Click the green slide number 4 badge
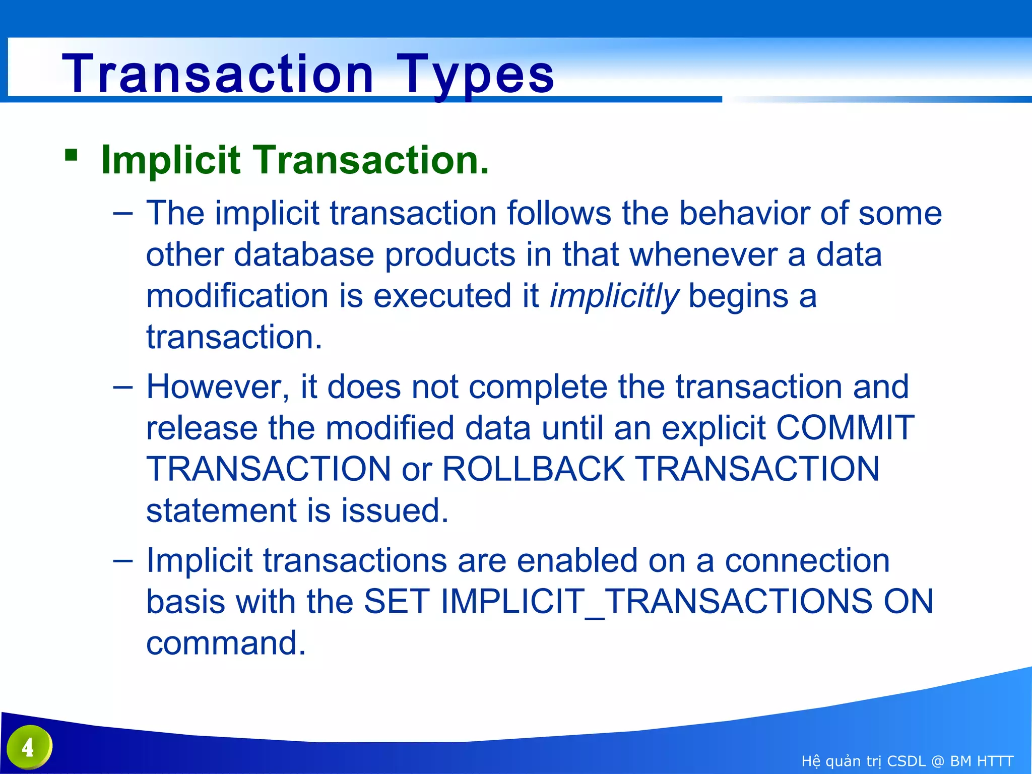(29, 747)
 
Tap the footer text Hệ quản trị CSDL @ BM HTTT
(907, 761)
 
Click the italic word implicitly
(614, 296)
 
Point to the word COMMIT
(845, 428)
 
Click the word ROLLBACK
(533, 469)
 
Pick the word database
(304, 254)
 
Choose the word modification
(237, 296)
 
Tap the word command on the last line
(226, 643)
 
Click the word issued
(395, 510)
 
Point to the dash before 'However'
(123, 387)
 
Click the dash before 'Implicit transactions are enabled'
(123, 560)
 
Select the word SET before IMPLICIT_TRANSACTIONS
(396, 602)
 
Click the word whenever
(703, 254)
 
